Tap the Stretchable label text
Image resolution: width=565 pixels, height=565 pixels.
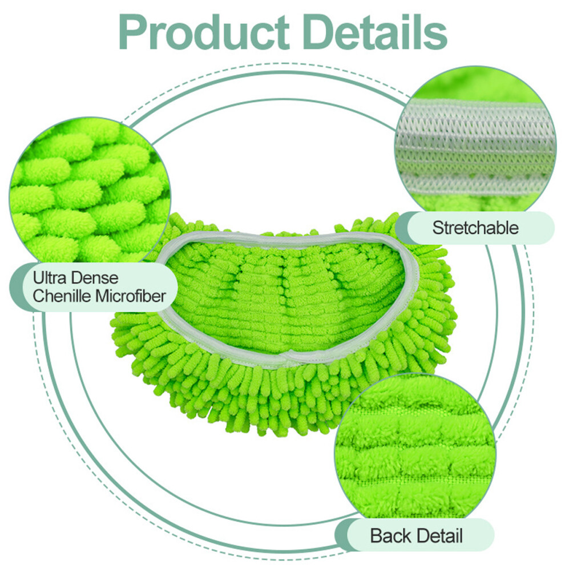point(475,228)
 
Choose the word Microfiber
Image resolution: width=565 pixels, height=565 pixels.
point(131,296)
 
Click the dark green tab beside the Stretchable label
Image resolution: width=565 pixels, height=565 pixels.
point(401,227)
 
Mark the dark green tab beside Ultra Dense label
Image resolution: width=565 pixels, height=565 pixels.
point(17,287)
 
